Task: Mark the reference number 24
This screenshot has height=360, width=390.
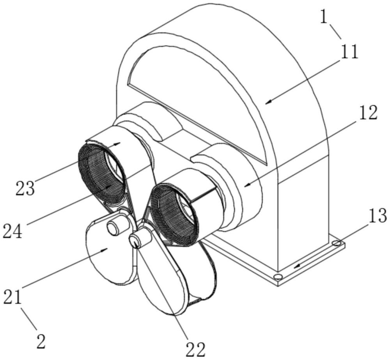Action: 12,231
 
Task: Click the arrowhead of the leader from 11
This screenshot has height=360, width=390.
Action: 268,102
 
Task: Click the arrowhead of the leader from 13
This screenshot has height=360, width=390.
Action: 296,267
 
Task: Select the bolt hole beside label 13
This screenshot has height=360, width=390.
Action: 337,243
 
